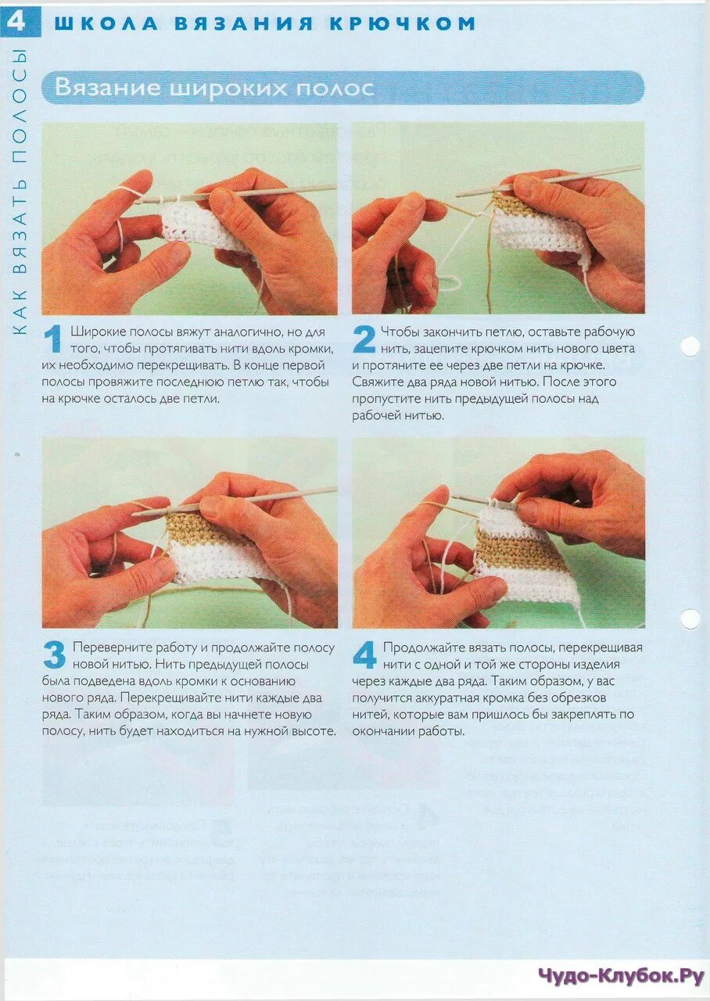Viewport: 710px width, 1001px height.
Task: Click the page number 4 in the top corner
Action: coord(15,20)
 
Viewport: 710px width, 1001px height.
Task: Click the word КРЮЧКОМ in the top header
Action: coord(403,23)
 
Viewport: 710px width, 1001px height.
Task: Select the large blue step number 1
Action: coord(52,339)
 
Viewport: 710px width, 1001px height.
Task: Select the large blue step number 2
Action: coord(364,339)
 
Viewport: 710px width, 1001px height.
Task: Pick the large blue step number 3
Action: coord(55,655)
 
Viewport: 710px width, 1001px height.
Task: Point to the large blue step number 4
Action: coord(364,655)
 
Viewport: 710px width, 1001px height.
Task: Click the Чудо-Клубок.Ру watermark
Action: coord(622,975)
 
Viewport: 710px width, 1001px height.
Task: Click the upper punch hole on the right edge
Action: coord(690,346)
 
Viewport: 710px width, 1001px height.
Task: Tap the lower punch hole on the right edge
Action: coord(690,619)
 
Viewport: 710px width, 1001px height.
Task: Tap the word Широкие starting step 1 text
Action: coord(99,332)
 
